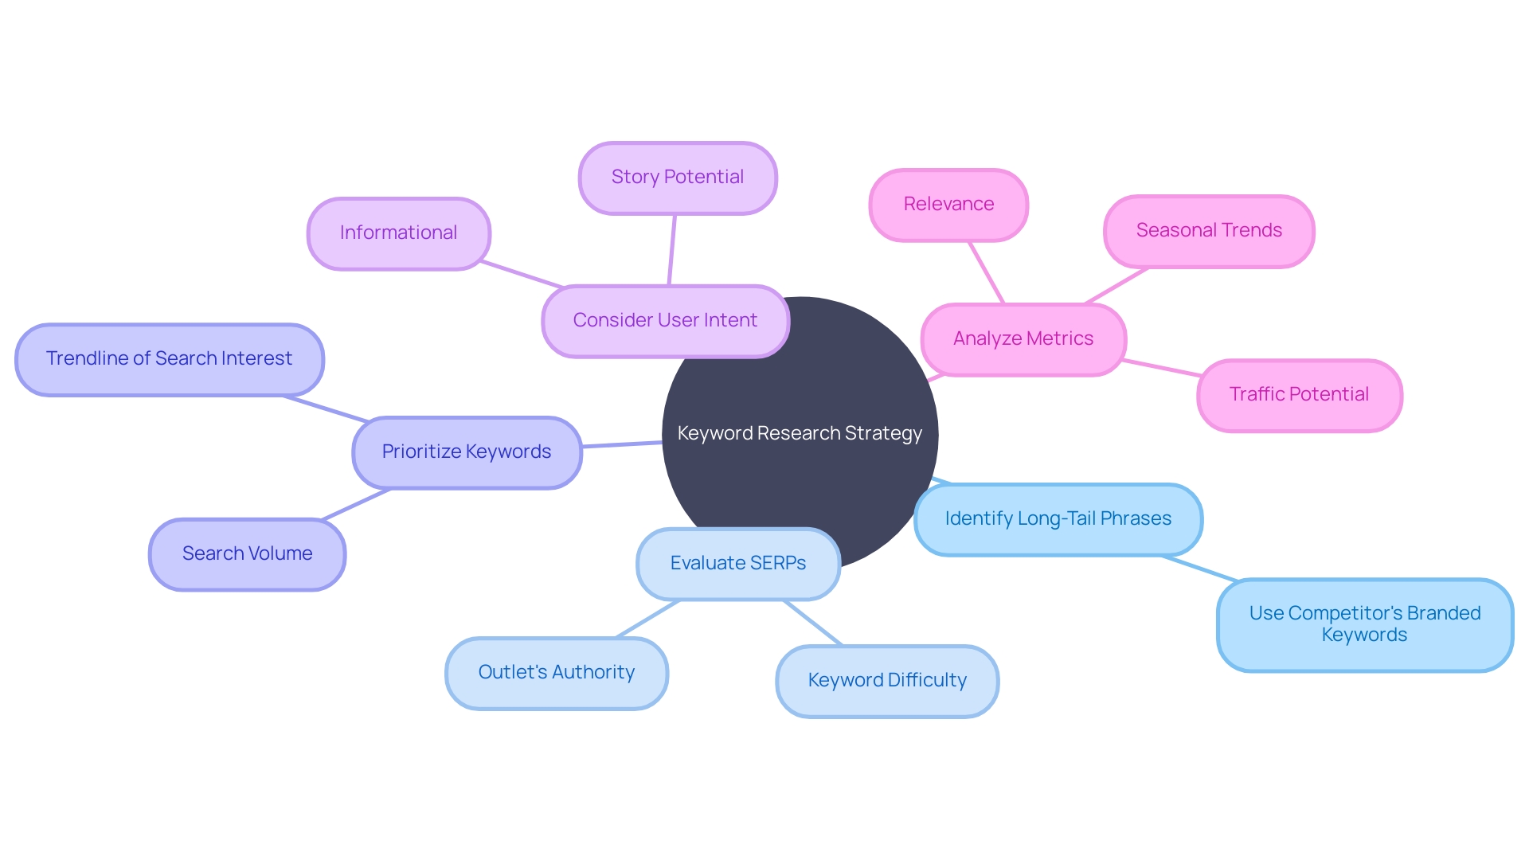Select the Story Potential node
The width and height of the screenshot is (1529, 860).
pyautogui.click(x=678, y=178)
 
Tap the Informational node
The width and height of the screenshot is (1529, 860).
pyautogui.click(x=398, y=233)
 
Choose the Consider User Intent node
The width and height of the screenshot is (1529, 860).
pyautogui.click(x=665, y=321)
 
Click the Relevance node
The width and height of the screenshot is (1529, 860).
pyautogui.click(x=948, y=205)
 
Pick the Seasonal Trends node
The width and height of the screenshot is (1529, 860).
pyautogui.click(x=1209, y=231)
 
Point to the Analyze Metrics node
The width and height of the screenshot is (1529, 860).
pyautogui.click(x=1023, y=339)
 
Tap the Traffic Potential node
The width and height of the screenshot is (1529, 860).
pyautogui.click(x=1299, y=395)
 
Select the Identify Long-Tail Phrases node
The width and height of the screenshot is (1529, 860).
pyautogui.click(x=1058, y=519)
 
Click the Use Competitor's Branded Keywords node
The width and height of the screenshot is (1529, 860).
pyautogui.click(x=1364, y=624)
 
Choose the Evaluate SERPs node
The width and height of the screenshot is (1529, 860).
pyautogui.click(x=738, y=564)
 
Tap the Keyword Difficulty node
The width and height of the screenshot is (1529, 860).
pyautogui.click(x=887, y=681)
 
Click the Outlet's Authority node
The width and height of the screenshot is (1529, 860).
pyautogui.click(x=556, y=673)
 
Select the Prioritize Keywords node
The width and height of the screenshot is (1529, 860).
pyautogui.click(x=467, y=452)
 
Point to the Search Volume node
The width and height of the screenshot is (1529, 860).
pyautogui.click(x=247, y=554)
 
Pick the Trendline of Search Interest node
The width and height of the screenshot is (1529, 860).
pyautogui.click(x=169, y=359)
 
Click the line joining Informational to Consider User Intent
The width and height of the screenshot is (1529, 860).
pyautogui.click(x=522, y=274)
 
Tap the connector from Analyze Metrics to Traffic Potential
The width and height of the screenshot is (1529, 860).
pyautogui.click(x=1161, y=368)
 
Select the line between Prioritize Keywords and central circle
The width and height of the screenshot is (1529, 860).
pyautogui.click(x=622, y=444)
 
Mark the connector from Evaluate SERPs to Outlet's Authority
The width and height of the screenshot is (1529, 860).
pyautogui.click(x=648, y=619)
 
